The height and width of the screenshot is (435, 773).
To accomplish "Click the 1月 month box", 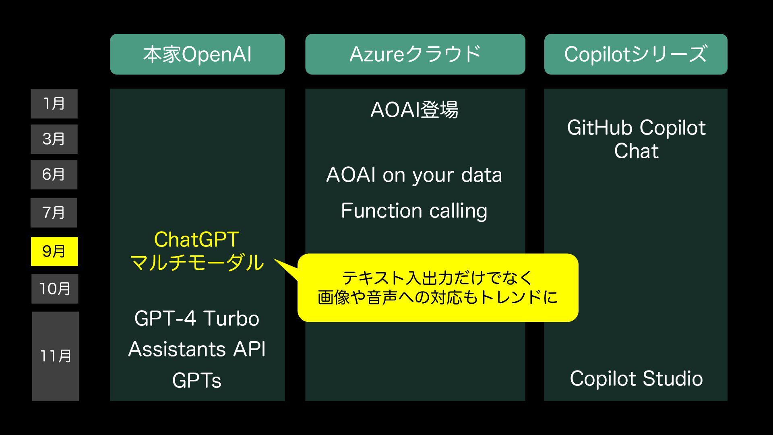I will (54, 104).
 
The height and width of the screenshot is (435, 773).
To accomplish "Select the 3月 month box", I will (54, 139).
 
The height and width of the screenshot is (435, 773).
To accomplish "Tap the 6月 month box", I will (54, 175).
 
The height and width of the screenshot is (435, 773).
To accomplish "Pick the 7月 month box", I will (54, 213).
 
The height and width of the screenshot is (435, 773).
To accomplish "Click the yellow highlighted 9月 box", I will (54, 251).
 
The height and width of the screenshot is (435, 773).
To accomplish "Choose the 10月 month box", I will (55, 289).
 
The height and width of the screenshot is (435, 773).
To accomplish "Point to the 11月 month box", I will (56, 356).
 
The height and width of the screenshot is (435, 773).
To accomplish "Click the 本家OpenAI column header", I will (197, 54).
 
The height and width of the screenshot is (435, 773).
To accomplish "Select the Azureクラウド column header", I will (415, 54).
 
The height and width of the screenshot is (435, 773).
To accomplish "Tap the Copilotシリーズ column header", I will (636, 54).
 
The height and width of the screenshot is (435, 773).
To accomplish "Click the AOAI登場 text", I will (415, 110).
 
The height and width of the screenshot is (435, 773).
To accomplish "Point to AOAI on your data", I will (414, 175).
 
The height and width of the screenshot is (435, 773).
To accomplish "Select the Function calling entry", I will (414, 211).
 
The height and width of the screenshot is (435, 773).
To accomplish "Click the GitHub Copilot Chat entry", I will (636, 139).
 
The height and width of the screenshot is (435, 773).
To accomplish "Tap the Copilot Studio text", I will (636, 379).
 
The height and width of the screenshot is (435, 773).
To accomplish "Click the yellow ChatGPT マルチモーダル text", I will (197, 251).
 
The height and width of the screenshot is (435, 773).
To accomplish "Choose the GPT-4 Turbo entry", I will (197, 319).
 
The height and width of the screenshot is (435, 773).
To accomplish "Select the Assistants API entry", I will (197, 349).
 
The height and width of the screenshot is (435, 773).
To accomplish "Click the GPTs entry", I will (197, 381).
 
